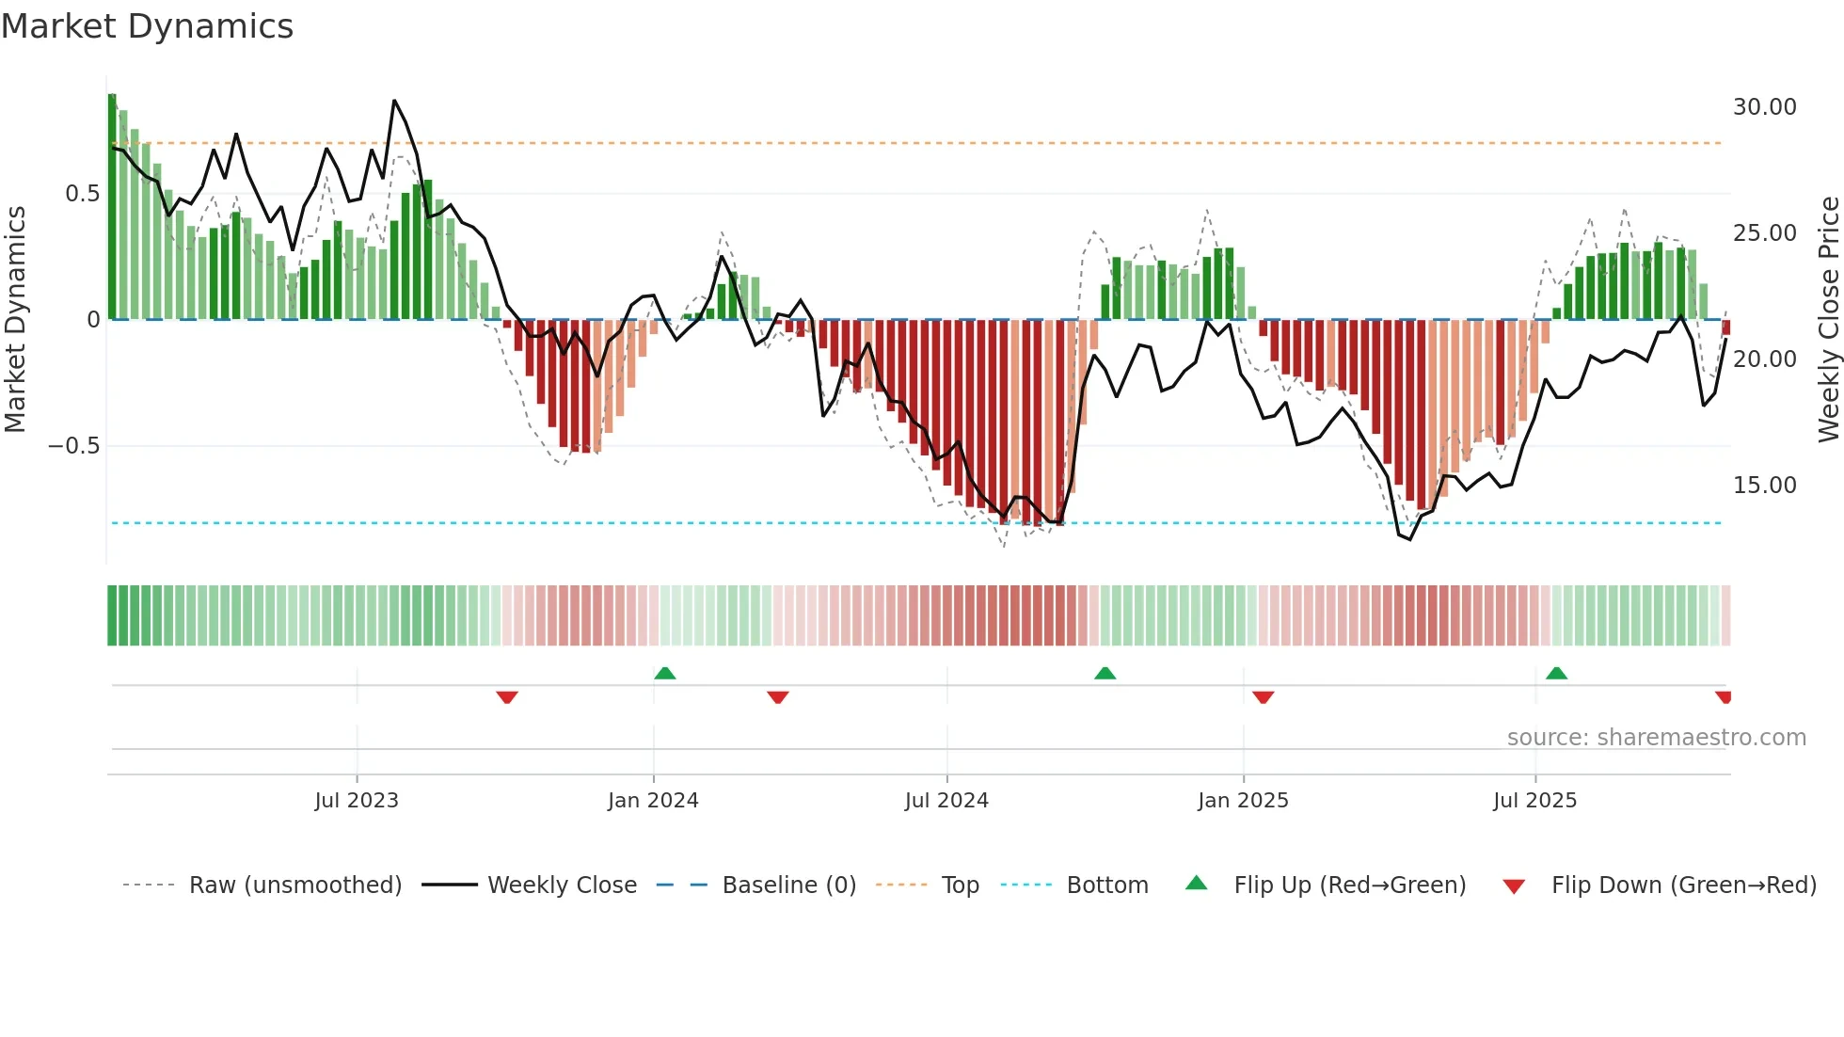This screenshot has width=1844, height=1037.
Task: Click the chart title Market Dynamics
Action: [x=147, y=26]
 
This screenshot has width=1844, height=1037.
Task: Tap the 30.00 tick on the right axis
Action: [x=1764, y=107]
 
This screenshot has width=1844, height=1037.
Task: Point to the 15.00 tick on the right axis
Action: [x=1764, y=486]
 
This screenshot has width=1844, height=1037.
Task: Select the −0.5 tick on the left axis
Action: [x=73, y=446]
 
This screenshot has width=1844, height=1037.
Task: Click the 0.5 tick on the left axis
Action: [x=82, y=194]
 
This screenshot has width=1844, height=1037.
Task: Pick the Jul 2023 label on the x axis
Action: [x=357, y=801]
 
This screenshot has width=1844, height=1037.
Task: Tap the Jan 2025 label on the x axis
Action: [x=1243, y=801]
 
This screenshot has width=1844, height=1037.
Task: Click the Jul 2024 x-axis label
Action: [x=946, y=801]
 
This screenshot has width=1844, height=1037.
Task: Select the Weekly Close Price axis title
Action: [x=1828, y=320]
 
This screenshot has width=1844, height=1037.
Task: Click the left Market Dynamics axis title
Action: [x=15, y=320]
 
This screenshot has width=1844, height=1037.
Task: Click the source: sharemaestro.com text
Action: [x=1656, y=738]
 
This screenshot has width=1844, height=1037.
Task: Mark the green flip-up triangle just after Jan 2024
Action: [x=665, y=673]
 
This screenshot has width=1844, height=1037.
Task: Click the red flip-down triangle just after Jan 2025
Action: [x=1263, y=697]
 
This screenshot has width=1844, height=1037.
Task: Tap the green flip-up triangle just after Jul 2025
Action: [x=1556, y=673]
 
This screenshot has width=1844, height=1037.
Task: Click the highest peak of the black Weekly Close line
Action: [x=394, y=101]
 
